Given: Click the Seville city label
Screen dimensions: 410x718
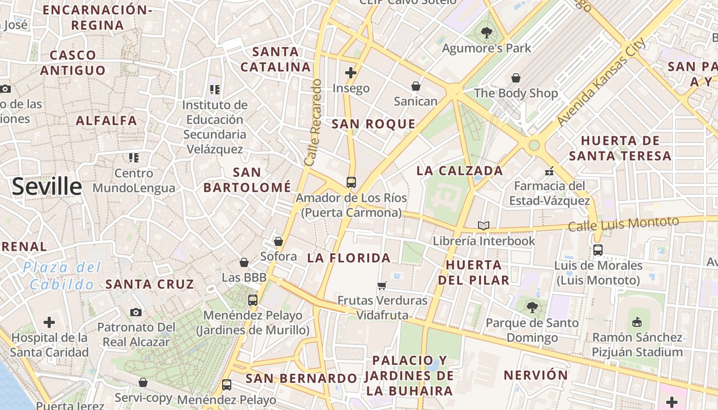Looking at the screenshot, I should click(47, 187).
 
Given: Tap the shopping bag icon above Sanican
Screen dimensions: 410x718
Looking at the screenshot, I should click(416, 86).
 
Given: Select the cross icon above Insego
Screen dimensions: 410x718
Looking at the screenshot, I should click(351, 73).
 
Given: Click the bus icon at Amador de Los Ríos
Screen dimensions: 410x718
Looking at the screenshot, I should click(351, 182).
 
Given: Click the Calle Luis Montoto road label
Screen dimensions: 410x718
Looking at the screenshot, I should click(623, 224).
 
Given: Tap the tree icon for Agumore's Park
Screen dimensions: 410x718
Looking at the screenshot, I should click(486, 33).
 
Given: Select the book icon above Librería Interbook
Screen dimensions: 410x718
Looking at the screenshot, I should click(483, 225).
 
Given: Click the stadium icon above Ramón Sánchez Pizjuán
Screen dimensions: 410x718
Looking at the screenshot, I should click(637, 322).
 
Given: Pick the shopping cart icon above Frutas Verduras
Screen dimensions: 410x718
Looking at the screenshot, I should click(382, 285).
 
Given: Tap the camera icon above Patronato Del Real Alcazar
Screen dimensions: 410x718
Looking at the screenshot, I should click(136, 312).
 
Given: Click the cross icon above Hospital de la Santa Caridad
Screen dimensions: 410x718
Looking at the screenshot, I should click(49, 322).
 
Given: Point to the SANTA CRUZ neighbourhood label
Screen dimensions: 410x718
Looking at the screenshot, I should click(150, 284).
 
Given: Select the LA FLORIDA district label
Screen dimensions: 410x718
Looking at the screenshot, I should click(349, 258).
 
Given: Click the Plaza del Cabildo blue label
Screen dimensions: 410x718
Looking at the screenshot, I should click(62, 276).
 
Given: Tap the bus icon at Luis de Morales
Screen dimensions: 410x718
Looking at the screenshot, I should click(598, 250).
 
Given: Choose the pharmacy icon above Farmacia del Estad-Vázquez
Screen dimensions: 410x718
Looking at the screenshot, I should click(549, 171).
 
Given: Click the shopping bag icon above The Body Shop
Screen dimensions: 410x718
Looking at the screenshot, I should click(516, 78).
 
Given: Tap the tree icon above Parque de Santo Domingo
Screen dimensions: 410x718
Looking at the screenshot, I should click(532, 307).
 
